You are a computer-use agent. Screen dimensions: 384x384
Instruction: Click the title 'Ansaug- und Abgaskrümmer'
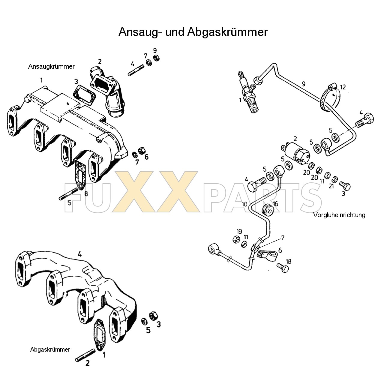193,32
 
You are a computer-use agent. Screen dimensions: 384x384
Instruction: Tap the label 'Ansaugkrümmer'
51,67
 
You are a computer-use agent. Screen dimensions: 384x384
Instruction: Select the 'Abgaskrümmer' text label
50,349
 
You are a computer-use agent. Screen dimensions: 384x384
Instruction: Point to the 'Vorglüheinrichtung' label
339,215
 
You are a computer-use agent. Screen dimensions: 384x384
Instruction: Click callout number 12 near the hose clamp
343,87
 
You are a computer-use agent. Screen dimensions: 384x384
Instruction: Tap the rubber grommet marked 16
268,210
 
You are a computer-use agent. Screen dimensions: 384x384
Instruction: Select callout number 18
288,262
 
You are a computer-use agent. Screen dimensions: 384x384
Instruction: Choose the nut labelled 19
236,239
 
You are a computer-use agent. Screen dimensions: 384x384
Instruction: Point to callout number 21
331,186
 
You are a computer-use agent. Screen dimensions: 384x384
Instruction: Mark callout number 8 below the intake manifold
86,193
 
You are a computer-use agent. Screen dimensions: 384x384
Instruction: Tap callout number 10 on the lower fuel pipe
244,204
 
